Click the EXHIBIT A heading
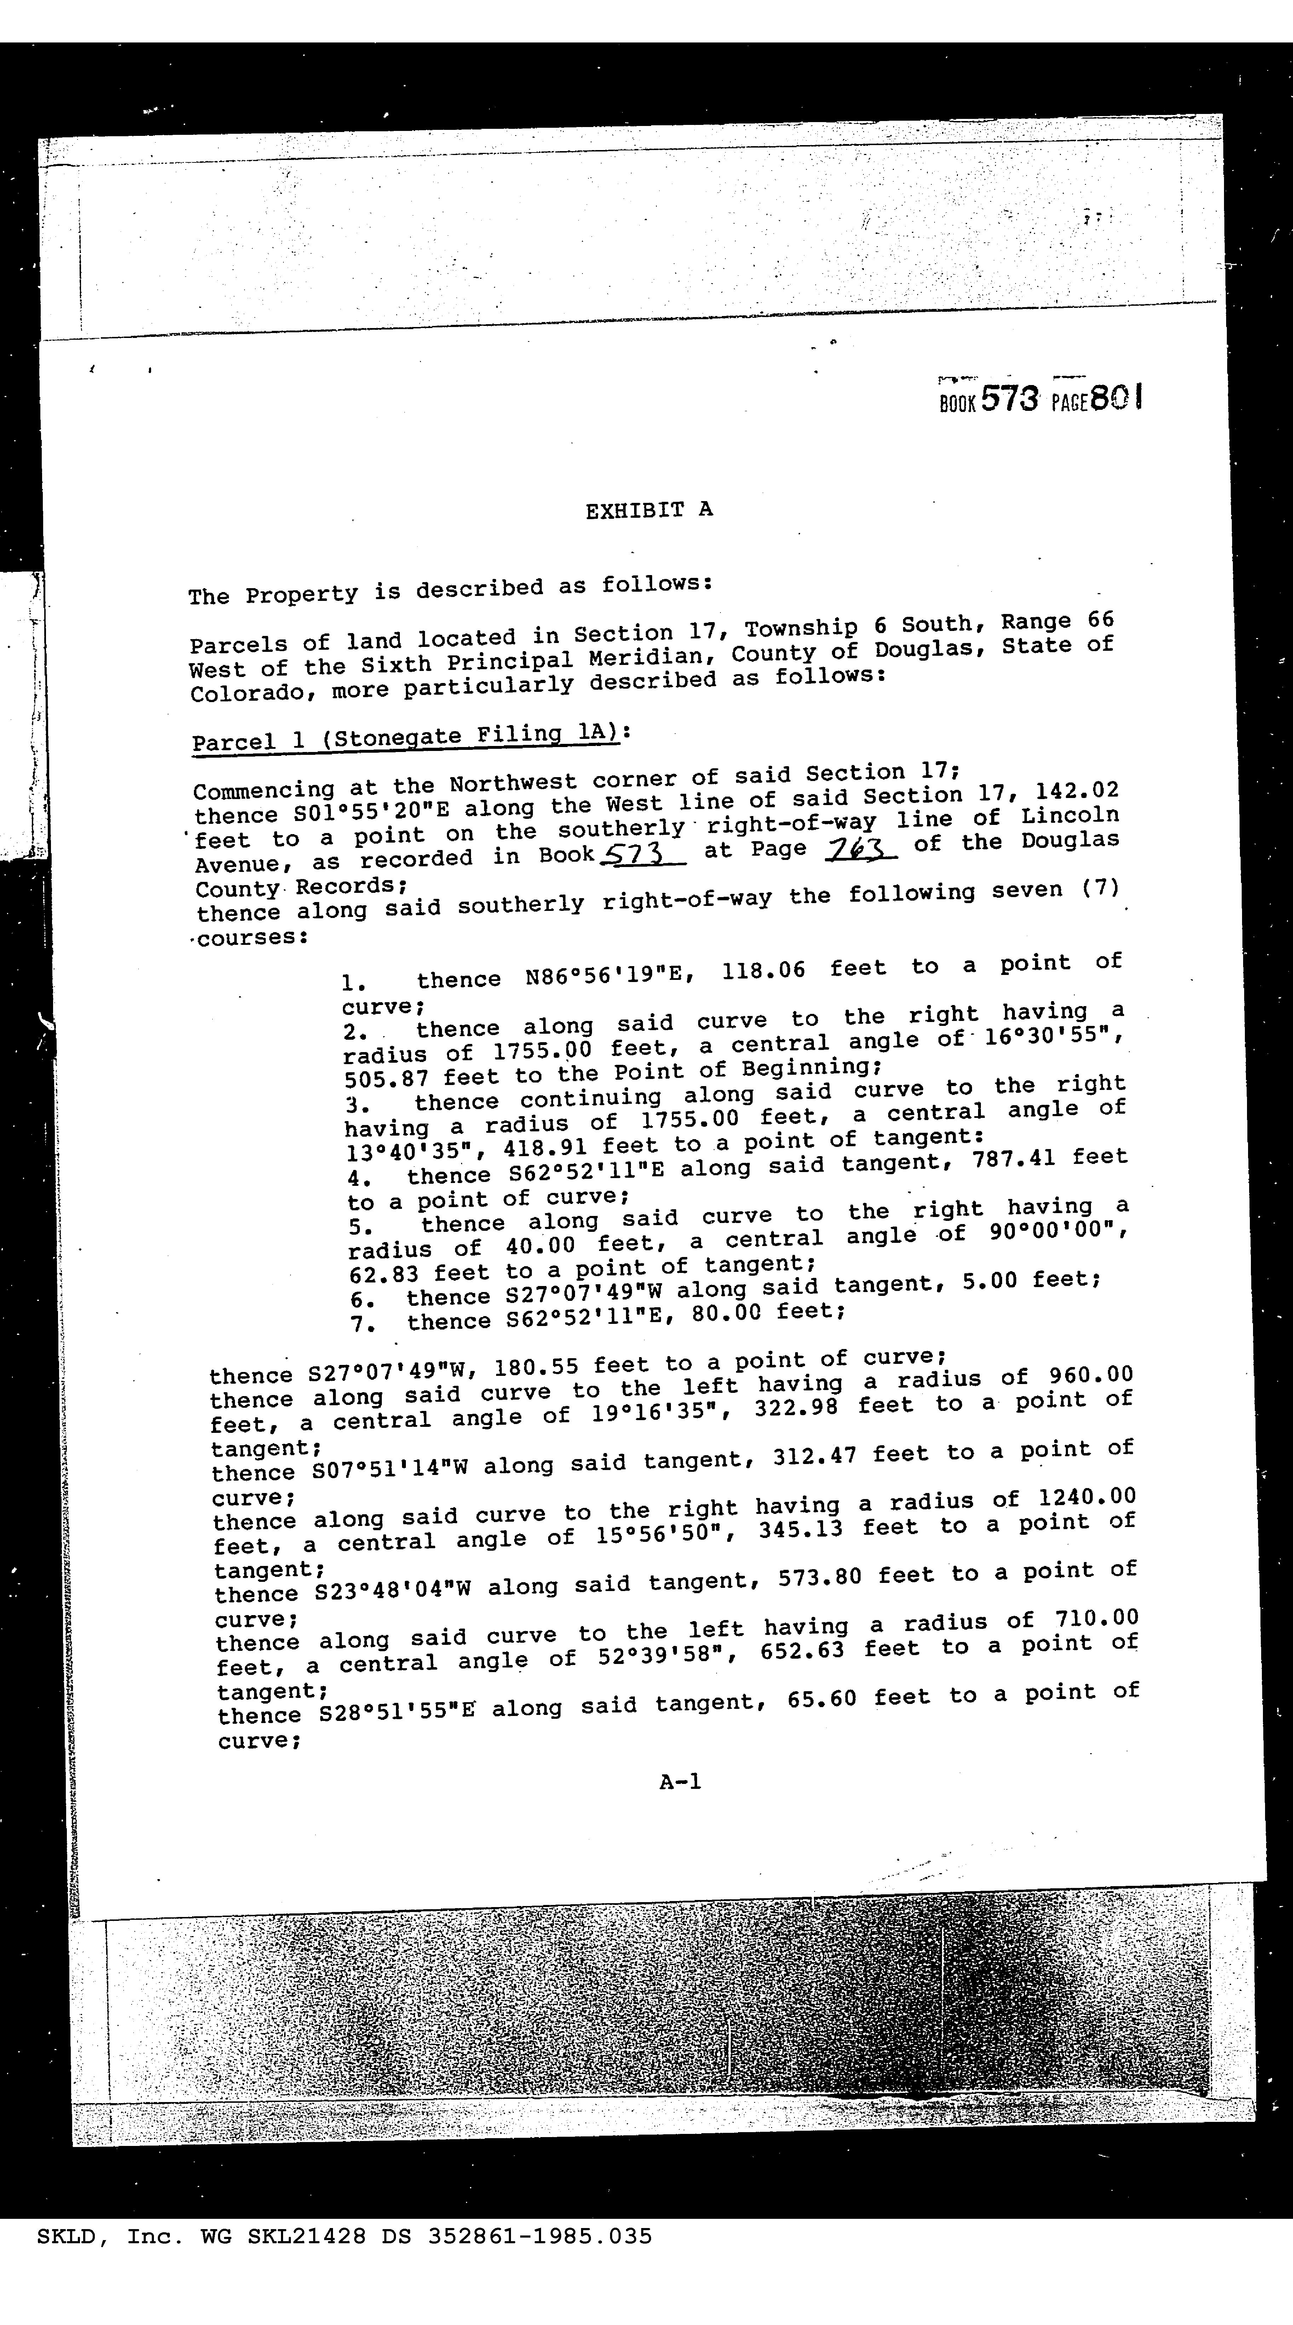coord(649,510)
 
